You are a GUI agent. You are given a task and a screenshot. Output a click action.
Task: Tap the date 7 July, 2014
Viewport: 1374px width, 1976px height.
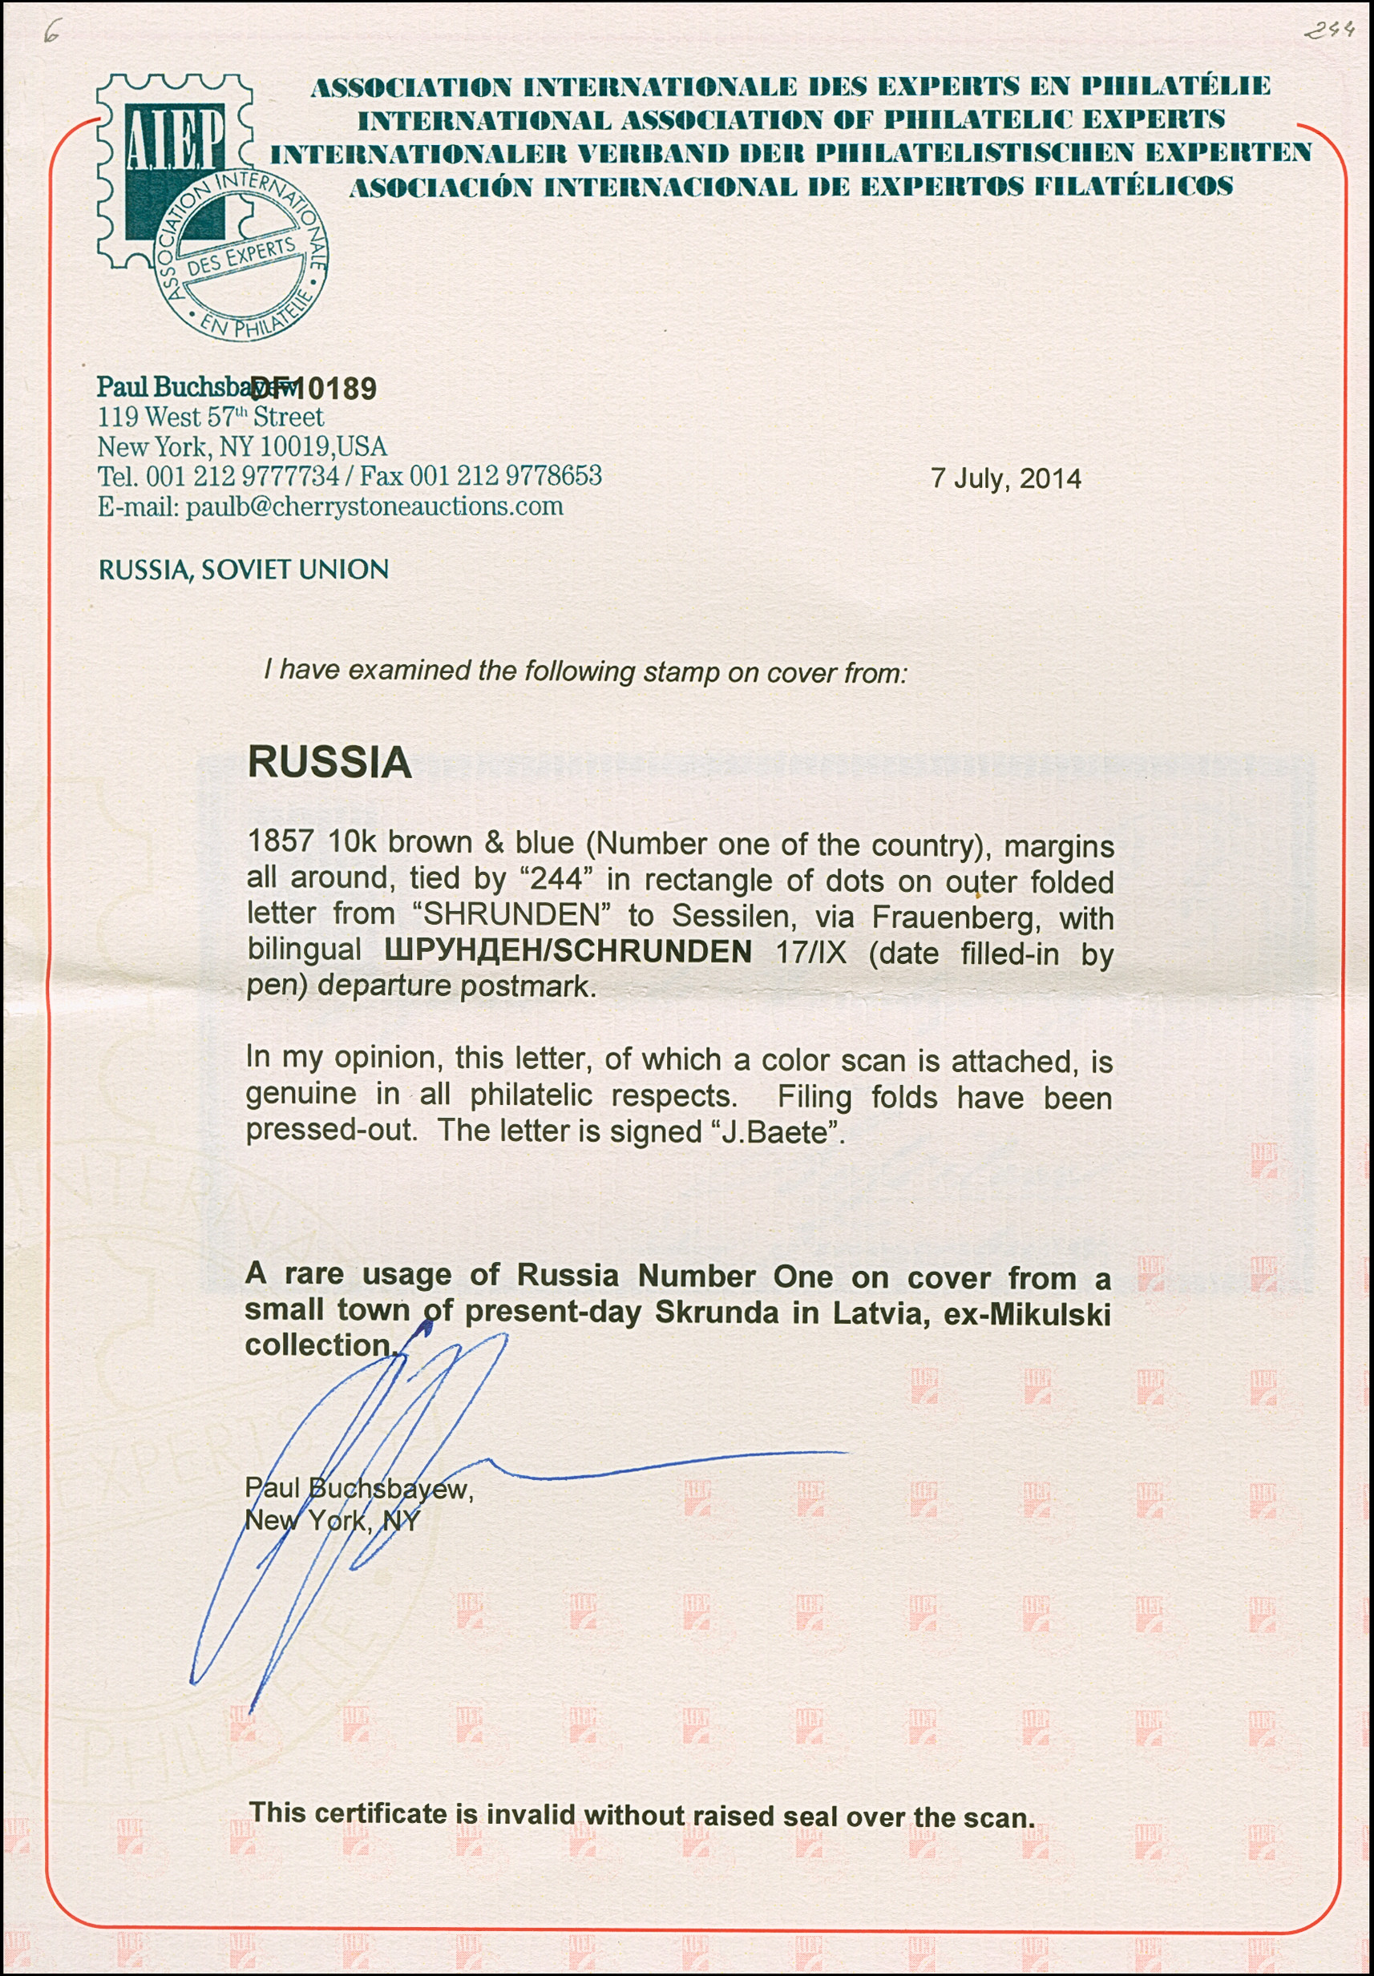click(1005, 478)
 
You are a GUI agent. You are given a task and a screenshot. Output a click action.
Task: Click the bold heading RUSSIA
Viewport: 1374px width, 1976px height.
click(329, 763)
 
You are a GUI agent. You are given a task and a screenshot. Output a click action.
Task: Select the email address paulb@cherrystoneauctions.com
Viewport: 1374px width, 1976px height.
click(374, 506)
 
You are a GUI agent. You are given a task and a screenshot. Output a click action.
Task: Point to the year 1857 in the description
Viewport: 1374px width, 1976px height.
click(280, 841)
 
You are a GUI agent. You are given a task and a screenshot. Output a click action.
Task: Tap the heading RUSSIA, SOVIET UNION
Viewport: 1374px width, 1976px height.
click(244, 570)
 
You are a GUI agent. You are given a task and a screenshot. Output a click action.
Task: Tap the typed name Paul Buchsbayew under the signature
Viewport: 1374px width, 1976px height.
click(358, 1489)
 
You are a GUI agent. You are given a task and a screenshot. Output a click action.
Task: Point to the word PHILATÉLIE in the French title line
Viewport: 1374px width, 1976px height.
click(1176, 86)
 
